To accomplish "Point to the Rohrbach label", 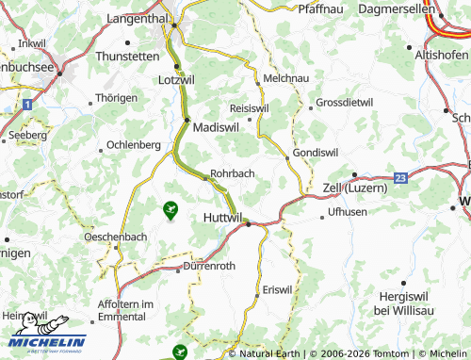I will click(233, 173).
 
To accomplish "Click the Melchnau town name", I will click(286, 79).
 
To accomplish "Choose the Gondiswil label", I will click(317, 152).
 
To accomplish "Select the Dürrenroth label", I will click(209, 267).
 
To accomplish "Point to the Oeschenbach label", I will click(116, 237).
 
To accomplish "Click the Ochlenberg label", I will click(134, 144).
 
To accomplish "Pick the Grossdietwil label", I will click(345, 102).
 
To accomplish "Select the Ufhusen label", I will click(348, 213).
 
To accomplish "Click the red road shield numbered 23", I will click(401, 176).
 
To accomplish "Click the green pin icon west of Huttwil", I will click(171, 210).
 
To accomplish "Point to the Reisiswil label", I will click(249, 107).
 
